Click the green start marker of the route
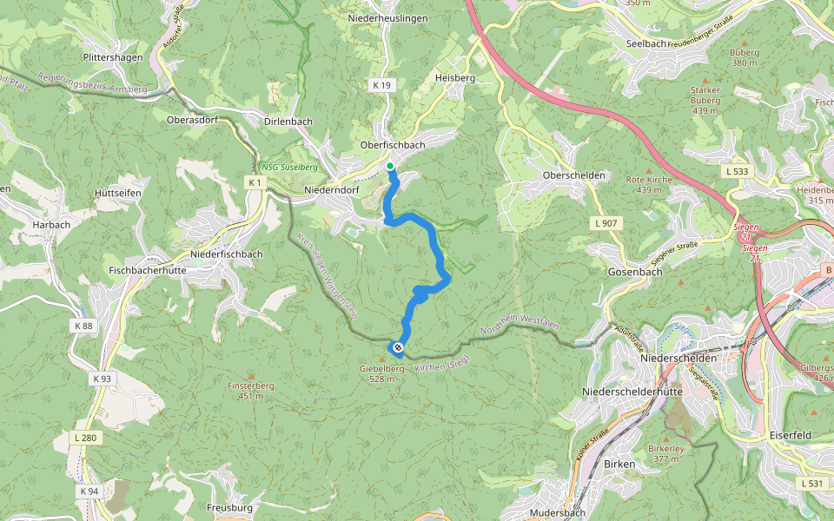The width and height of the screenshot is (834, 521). [x=390, y=166]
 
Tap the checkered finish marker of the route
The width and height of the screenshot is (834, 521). [x=398, y=348]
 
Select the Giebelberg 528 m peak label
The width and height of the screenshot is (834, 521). [x=382, y=373]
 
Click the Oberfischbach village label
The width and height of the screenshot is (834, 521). [x=392, y=145]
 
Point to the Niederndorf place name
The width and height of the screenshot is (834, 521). [x=332, y=189]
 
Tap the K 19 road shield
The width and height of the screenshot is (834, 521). [x=382, y=85]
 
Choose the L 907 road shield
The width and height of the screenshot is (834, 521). [x=606, y=223]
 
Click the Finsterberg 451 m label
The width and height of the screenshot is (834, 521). [x=251, y=392]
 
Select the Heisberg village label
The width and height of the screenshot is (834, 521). [x=455, y=78]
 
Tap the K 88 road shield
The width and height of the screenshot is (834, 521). [x=83, y=326]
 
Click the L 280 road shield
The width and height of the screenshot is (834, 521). [x=85, y=438]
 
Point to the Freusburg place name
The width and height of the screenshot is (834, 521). [x=229, y=507]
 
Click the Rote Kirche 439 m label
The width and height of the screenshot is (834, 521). [x=649, y=185]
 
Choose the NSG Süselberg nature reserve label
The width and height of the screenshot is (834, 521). [x=289, y=167]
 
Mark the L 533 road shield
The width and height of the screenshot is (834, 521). [x=735, y=172]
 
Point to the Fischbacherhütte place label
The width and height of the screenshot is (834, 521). [x=149, y=271]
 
